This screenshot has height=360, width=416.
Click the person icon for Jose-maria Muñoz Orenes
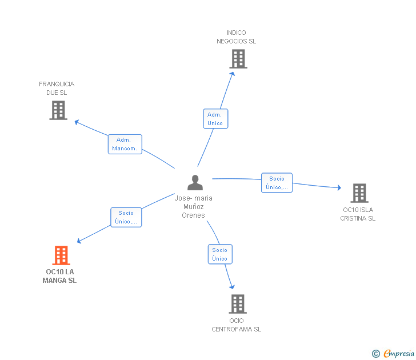(195, 182)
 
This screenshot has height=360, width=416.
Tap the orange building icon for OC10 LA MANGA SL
(61, 255)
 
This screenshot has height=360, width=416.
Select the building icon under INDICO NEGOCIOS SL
(238, 59)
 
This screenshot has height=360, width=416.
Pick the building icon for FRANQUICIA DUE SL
(58, 110)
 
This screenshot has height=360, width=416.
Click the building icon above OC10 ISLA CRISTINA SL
(359, 193)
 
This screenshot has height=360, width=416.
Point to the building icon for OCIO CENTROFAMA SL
(238, 304)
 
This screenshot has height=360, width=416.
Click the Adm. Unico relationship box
(215, 119)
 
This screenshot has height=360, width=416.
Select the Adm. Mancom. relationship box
(125, 144)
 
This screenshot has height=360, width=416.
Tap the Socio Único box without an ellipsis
(220, 254)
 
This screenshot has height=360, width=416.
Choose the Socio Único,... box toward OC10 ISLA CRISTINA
(277, 183)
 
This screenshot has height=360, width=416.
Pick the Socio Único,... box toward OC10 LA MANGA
(126, 217)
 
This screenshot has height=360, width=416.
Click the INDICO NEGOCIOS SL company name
(237, 37)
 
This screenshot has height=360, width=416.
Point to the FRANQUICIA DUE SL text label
(57, 89)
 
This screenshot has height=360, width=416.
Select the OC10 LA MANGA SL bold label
(59, 276)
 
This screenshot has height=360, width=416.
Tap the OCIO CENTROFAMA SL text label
(237, 325)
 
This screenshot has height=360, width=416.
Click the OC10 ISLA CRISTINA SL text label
(358, 214)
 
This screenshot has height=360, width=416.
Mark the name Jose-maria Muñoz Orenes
(193, 207)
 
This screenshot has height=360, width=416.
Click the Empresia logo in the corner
(393, 353)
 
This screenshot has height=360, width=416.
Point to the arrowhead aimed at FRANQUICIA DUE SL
(77, 122)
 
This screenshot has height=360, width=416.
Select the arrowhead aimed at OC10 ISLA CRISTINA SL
(339, 187)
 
